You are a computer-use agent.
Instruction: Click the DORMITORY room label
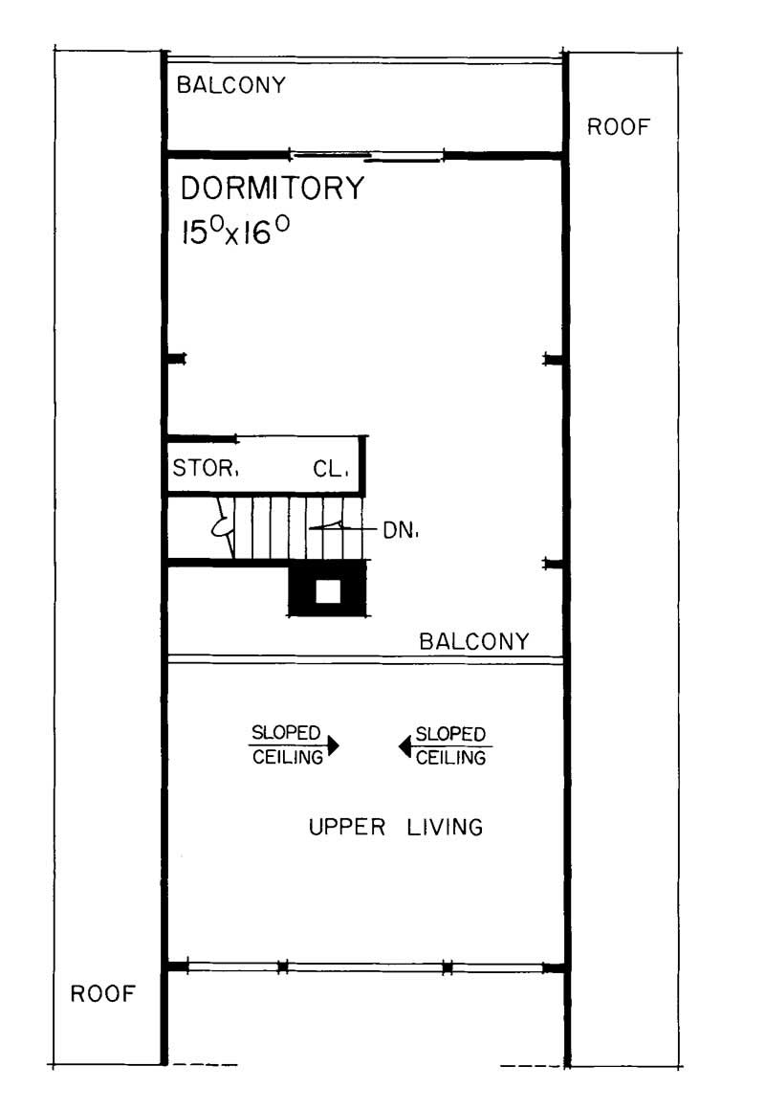(273, 189)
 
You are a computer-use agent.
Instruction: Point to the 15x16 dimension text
(235, 231)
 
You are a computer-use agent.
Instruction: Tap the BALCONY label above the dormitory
(231, 85)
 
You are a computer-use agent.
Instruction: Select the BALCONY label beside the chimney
(474, 642)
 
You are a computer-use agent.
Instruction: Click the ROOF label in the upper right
(619, 127)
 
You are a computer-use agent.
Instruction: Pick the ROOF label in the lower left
(103, 993)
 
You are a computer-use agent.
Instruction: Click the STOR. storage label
(205, 470)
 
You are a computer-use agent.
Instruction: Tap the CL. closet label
(332, 470)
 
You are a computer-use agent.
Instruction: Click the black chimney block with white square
(327, 589)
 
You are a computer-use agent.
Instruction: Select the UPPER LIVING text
(395, 827)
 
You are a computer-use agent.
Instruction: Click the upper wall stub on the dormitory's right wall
(553, 359)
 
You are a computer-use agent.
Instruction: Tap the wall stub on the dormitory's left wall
(177, 359)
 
